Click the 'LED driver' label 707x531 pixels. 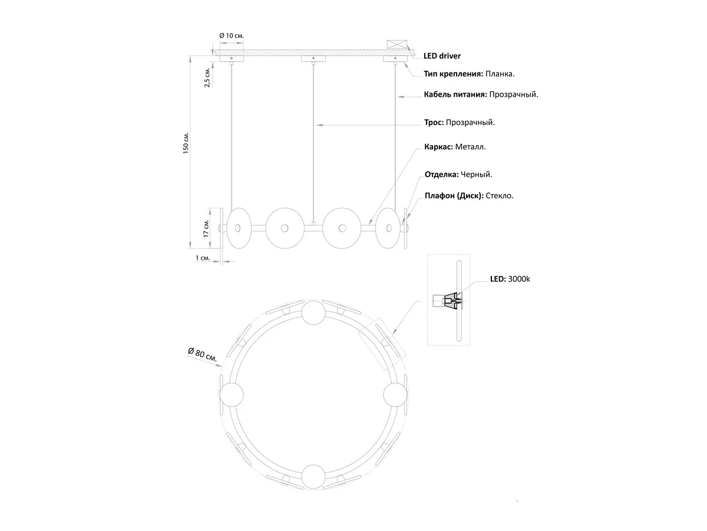click(x=442, y=56)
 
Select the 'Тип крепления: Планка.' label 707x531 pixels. click(x=469, y=74)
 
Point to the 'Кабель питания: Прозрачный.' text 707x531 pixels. click(x=481, y=94)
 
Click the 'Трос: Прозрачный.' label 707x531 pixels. click(x=460, y=123)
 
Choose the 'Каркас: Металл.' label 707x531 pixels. click(x=455, y=147)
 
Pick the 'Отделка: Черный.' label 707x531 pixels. click(x=458, y=175)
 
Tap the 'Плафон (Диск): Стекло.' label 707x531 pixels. click(x=469, y=196)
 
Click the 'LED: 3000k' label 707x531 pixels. click(x=510, y=279)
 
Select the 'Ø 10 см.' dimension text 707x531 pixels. click(x=232, y=35)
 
